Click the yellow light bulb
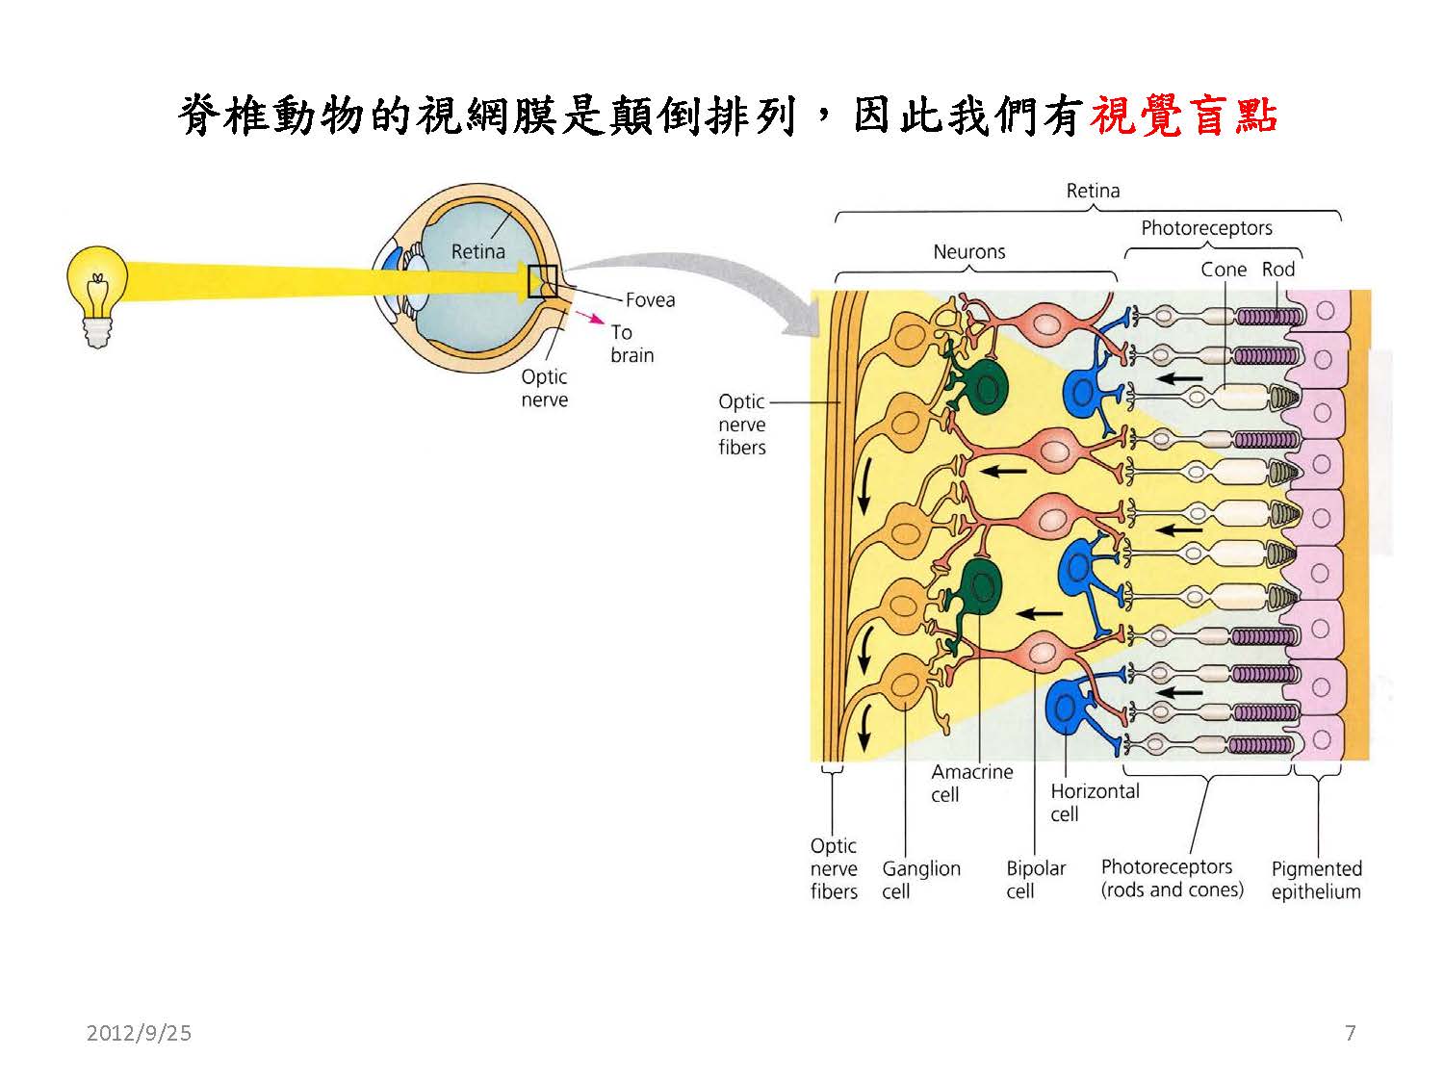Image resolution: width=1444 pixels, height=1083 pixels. pyautogui.click(x=96, y=289)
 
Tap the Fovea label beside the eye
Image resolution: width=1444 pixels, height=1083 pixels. pyautogui.click(x=650, y=300)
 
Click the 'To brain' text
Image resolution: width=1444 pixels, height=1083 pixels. pyautogui.click(x=632, y=344)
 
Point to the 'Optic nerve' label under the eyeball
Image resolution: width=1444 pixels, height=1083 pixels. pyautogui.click(x=544, y=388)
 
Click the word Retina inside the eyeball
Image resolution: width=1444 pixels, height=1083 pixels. pyautogui.click(x=477, y=251)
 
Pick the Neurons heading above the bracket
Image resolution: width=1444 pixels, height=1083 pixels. pyautogui.click(x=968, y=252)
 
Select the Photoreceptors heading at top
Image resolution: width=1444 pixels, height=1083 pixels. pyautogui.click(x=1206, y=228)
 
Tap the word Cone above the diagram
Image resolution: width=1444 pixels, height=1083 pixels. pyautogui.click(x=1223, y=270)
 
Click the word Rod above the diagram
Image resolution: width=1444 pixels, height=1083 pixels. pyautogui.click(x=1278, y=270)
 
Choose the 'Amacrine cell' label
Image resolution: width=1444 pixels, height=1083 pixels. pyautogui.click(x=971, y=783)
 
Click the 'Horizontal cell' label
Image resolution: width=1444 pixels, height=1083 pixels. pyautogui.click(x=1094, y=802)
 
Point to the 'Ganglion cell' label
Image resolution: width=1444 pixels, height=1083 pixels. pyautogui.click(x=920, y=880)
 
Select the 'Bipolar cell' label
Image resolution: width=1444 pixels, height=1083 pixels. pyautogui.click(x=1035, y=880)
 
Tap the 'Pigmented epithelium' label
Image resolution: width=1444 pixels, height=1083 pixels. pyautogui.click(x=1316, y=880)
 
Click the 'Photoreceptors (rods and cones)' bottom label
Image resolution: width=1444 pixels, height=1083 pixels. pyautogui.click(x=1172, y=878)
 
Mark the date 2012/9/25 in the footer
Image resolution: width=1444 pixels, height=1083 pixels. pyautogui.click(x=139, y=1033)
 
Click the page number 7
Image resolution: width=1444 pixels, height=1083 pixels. pyautogui.click(x=1350, y=1033)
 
